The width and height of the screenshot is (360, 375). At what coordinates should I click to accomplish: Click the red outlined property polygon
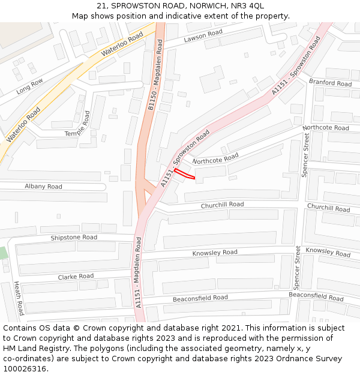pos(185,175)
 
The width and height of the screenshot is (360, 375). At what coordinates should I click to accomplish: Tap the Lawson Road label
pos(203,36)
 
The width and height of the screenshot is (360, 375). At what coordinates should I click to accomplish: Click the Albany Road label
pos(43,187)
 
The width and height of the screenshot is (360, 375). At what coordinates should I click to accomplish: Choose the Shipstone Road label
pos(74,238)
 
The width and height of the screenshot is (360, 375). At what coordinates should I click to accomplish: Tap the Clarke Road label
pos(76,277)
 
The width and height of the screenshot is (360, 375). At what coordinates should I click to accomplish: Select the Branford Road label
pos(330,83)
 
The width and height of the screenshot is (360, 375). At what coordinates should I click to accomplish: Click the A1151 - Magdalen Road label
pos(138,272)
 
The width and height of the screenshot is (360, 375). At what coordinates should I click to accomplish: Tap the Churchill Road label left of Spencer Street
pos(222,205)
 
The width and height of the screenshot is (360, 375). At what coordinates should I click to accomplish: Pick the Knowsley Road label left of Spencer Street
pos(214,253)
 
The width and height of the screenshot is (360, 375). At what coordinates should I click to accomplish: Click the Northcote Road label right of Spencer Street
pos(325,128)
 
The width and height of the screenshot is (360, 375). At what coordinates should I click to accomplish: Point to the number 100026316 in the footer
pos(24,368)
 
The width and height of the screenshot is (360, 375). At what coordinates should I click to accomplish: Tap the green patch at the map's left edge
pos(4,253)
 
